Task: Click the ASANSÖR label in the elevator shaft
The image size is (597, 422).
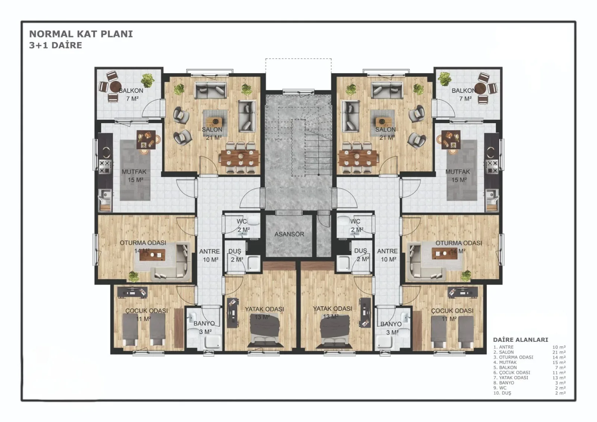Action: [289, 234]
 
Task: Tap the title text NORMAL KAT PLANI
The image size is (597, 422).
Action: [81, 34]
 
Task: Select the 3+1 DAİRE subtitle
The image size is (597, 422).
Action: [56, 45]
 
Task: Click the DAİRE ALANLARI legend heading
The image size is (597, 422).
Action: [521, 340]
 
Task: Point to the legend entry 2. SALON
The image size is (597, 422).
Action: [503, 352]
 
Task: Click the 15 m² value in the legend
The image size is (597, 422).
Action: [559, 363]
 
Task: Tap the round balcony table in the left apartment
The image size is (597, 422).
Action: [116, 87]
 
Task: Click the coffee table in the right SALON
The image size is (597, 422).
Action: [382, 122]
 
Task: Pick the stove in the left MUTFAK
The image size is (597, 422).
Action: [105, 166]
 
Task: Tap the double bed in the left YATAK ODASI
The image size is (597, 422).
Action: [265, 330]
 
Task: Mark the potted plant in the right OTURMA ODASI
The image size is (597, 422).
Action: [466, 275]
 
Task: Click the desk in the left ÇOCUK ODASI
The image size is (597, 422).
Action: [132, 292]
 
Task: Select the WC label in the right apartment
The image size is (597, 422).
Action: [355, 221]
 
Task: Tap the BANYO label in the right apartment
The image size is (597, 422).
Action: [391, 324]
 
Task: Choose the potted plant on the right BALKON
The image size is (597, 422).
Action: [444, 79]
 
